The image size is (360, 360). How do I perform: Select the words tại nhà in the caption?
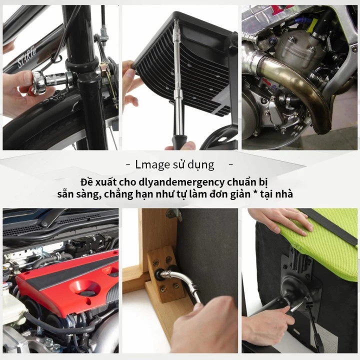[x=280, y=194]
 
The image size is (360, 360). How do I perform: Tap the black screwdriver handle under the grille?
[x=179, y=141]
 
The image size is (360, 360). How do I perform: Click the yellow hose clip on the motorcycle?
[x=314, y=22]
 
